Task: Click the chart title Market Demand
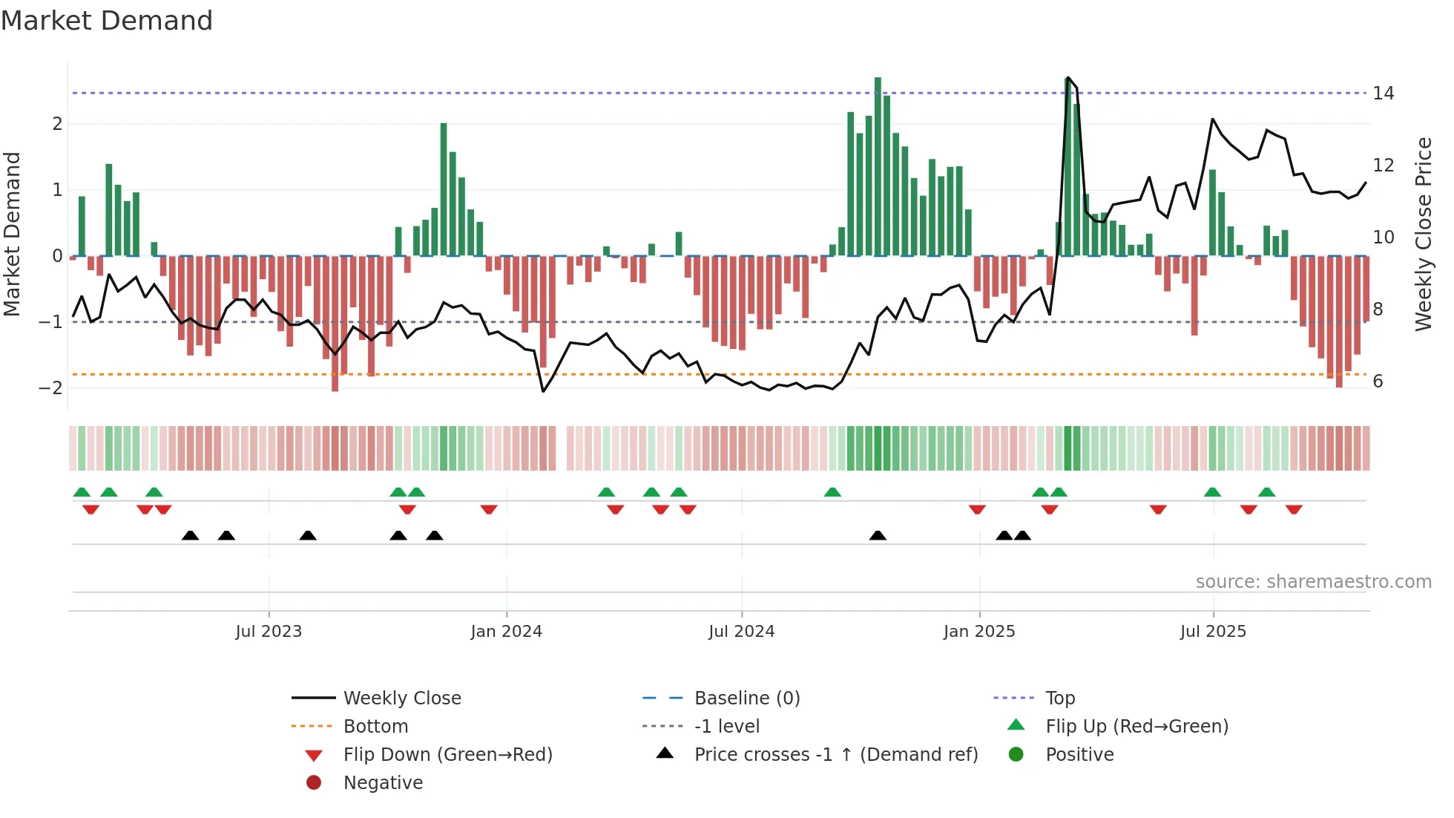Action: [x=107, y=20]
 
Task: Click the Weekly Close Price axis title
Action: [x=1423, y=234]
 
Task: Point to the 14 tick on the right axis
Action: [x=1383, y=94]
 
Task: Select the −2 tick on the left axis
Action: [x=51, y=387]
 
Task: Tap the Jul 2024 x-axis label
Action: [x=741, y=632]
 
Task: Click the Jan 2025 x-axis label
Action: [x=978, y=632]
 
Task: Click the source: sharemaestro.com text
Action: [x=1313, y=582]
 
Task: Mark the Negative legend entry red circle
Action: [x=314, y=783]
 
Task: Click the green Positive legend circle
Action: [x=1016, y=755]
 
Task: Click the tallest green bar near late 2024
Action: [x=878, y=166]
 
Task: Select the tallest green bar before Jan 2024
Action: [x=444, y=189]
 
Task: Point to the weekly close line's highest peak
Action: [x=1068, y=78]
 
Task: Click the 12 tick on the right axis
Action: [x=1383, y=166]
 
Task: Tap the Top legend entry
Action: [x=1059, y=698]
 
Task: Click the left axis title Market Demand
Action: [x=12, y=234]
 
